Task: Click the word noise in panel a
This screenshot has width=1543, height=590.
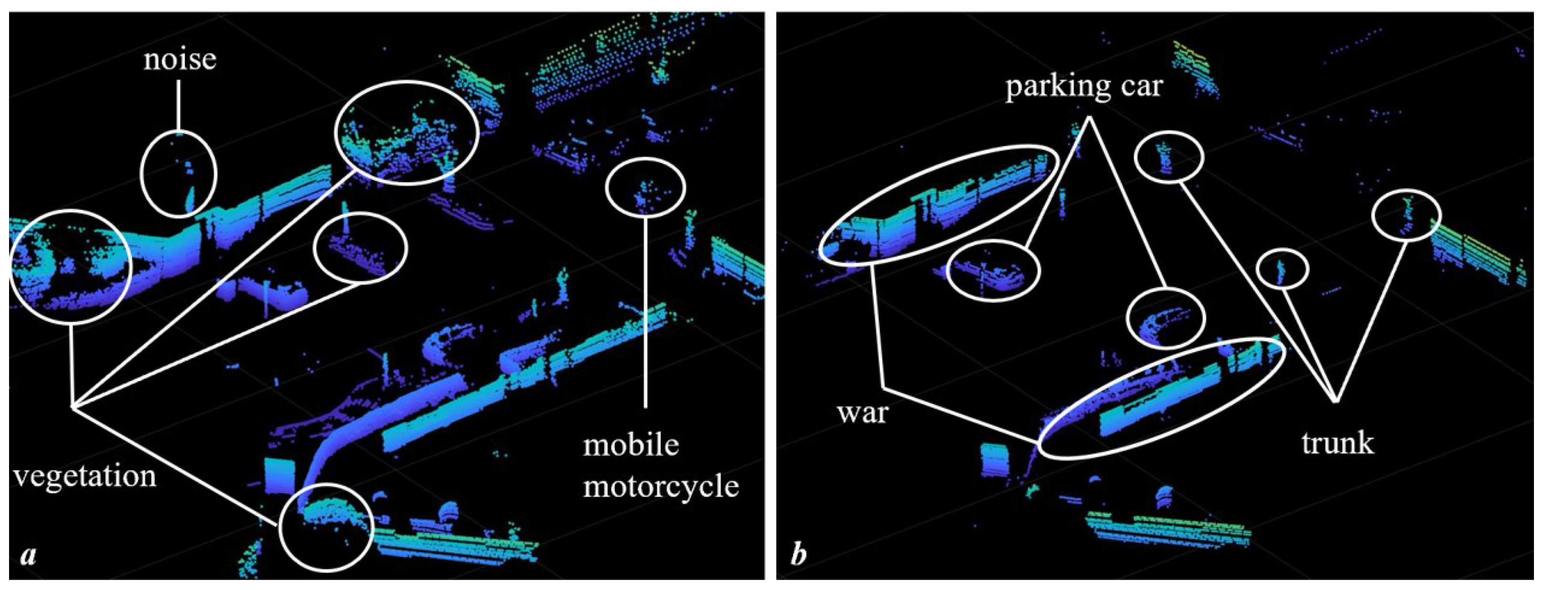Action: point(179,61)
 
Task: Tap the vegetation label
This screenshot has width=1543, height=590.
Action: point(84,476)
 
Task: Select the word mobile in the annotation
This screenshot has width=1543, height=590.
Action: point(631,445)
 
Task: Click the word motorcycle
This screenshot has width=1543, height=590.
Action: point(661,486)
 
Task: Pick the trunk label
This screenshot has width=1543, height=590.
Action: point(1338,443)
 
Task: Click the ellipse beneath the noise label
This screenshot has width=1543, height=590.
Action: point(178,173)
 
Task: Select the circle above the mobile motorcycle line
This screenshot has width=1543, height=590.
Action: point(645,187)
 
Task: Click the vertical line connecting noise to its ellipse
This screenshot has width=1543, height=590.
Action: point(178,105)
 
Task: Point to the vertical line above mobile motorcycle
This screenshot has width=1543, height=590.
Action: point(645,312)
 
